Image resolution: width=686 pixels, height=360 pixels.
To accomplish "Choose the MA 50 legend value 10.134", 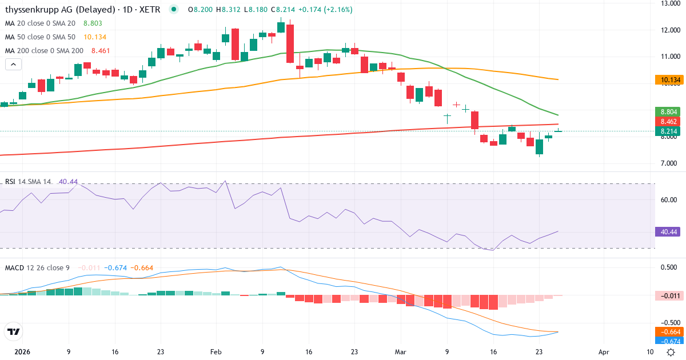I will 95,37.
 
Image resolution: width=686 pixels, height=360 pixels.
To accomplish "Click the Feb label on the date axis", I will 216,353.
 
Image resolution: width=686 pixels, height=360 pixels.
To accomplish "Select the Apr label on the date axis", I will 604,353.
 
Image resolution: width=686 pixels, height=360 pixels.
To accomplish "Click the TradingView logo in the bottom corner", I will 13,331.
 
